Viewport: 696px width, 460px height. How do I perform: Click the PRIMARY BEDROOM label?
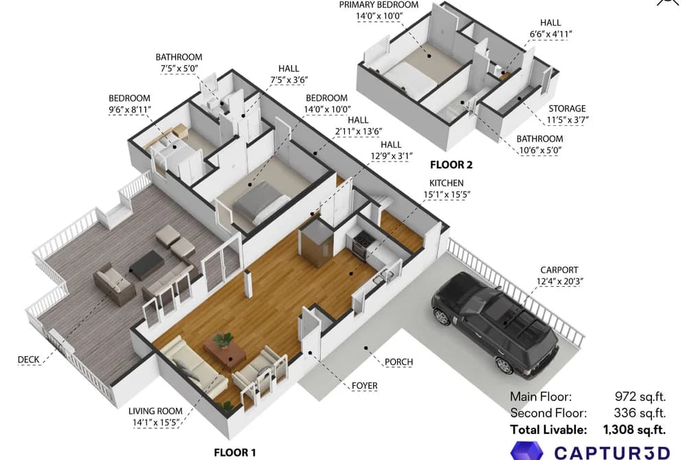pyautogui.click(x=379, y=5)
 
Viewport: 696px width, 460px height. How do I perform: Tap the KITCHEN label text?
pyautogui.click(x=446, y=183)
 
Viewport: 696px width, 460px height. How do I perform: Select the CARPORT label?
pyautogui.click(x=559, y=270)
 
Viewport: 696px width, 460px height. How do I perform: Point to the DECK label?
pyautogui.click(x=28, y=360)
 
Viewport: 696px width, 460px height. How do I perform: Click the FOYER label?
pyautogui.click(x=364, y=386)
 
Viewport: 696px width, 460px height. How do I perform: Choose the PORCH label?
pyautogui.click(x=398, y=362)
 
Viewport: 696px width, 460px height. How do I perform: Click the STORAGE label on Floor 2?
pyautogui.click(x=567, y=109)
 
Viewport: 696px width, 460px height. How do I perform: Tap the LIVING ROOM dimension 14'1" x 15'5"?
pyautogui.click(x=156, y=423)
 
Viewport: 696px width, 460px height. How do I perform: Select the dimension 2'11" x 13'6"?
pyautogui.click(x=358, y=131)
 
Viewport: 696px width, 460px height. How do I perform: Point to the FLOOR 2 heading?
pyautogui.click(x=451, y=165)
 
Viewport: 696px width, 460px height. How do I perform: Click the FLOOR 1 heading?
pyautogui.click(x=235, y=453)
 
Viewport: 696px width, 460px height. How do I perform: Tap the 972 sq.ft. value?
pyautogui.click(x=640, y=397)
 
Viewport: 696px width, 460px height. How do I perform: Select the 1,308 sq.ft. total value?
pyautogui.click(x=634, y=430)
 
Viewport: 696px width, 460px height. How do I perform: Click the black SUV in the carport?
pyautogui.click(x=495, y=322)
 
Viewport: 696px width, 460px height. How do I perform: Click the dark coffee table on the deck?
pyautogui.click(x=146, y=265)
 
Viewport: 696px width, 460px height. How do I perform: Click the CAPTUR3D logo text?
pyautogui.click(x=612, y=452)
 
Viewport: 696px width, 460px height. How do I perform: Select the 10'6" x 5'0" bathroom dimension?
pyautogui.click(x=540, y=150)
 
